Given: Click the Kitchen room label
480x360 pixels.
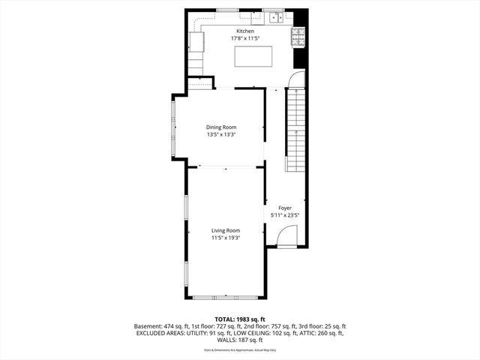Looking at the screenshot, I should click(245, 31).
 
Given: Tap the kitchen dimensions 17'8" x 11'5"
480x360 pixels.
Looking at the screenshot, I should click(245, 37).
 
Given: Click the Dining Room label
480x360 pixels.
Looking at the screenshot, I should click(221, 127).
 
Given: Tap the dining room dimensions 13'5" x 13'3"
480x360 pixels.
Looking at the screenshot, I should click(221, 135).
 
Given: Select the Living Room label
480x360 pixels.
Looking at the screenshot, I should click(225, 230).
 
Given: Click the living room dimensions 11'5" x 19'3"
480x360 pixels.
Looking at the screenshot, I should click(225, 238).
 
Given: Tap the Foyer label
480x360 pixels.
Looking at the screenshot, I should click(285, 208).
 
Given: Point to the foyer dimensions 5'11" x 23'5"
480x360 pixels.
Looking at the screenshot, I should click(285, 215).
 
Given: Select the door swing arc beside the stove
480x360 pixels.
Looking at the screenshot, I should click(298, 79).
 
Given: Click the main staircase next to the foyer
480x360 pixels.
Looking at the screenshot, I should click(296, 127).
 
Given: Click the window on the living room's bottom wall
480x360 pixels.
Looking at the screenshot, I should click(225, 298).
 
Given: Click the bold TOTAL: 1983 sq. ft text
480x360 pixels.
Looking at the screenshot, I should click(239, 319).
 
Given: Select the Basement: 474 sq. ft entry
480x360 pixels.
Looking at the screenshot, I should click(160, 326).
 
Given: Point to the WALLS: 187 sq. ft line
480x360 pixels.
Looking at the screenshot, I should click(239, 340).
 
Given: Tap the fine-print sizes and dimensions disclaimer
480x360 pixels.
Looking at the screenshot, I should click(239, 349).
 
